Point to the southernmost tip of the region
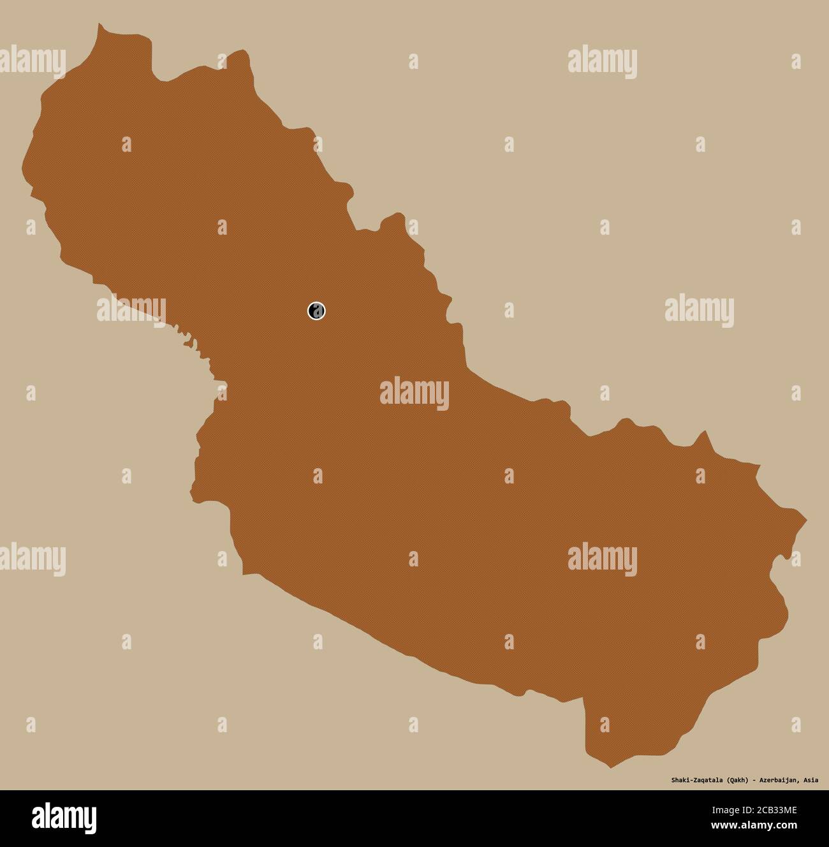[x=610, y=767]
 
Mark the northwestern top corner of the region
[x=99, y=26]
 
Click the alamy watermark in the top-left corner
[x=32, y=61]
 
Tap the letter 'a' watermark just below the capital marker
[x=318, y=476]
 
